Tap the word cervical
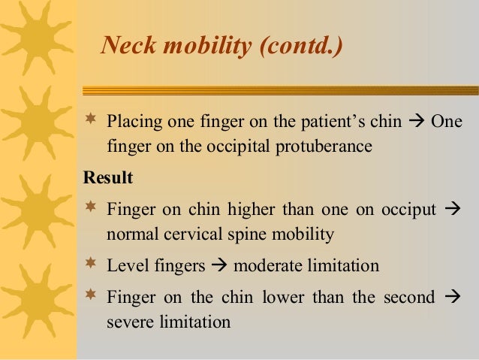pos(191,234)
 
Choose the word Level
pos(126,266)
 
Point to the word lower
pos(282,298)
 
